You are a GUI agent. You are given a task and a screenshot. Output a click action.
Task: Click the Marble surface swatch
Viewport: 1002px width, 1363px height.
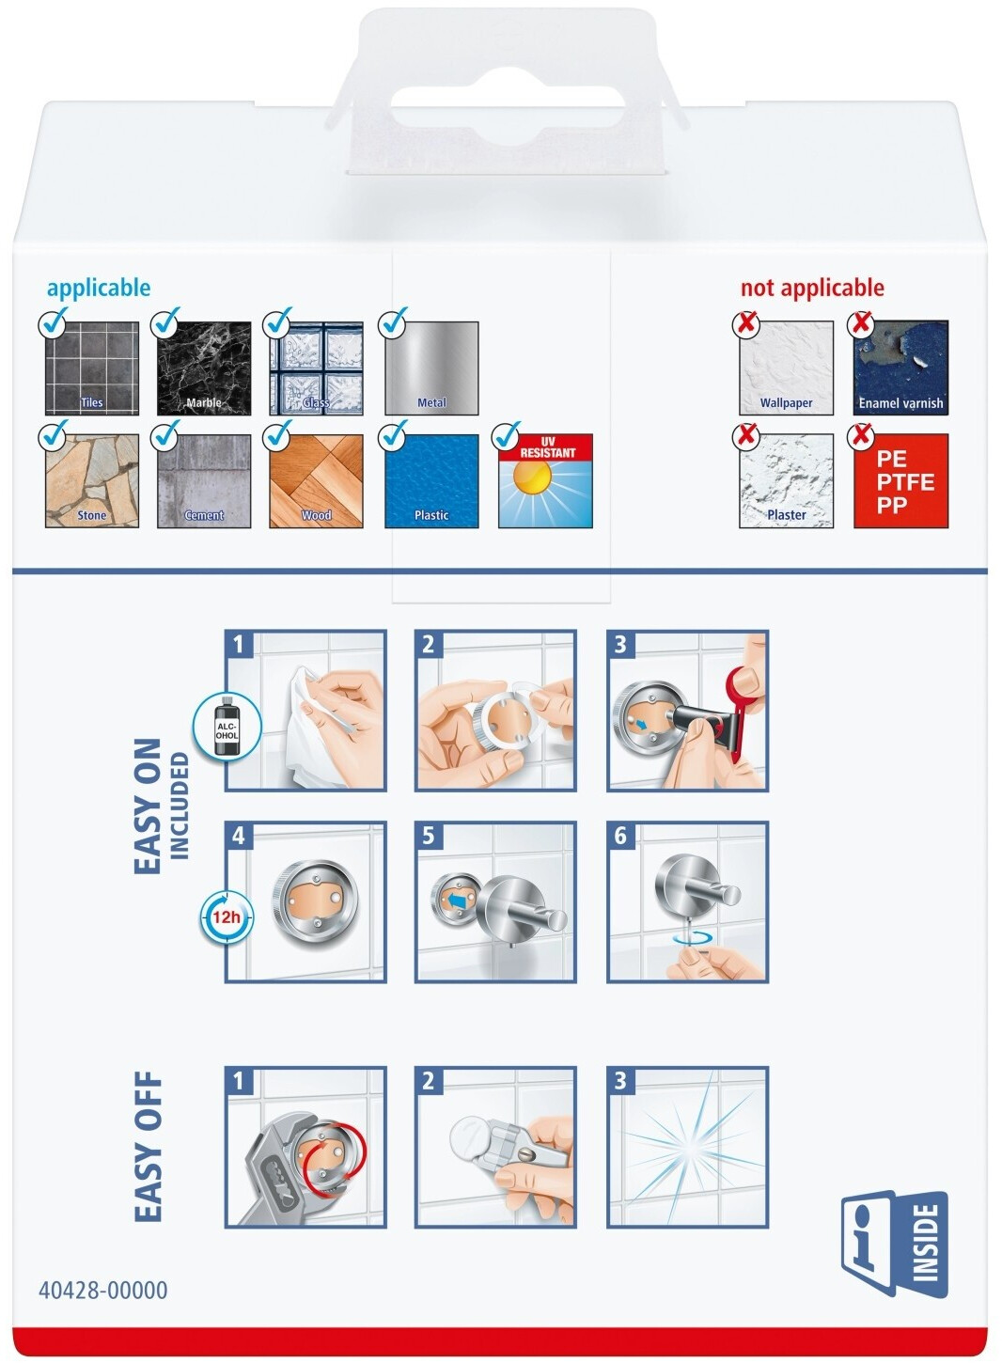(x=204, y=368)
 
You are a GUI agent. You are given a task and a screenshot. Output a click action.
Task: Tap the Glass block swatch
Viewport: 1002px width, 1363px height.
(x=317, y=368)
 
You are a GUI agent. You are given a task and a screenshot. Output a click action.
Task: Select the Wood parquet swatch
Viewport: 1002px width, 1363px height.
(x=317, y=480)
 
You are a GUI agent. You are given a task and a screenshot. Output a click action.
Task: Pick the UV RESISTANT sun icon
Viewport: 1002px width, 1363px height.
(x=545, y=480)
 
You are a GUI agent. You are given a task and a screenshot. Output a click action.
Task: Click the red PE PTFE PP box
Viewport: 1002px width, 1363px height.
(x=901, y=480)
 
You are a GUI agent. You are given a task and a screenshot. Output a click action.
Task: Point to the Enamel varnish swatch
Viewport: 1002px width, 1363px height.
(x=901, y=368)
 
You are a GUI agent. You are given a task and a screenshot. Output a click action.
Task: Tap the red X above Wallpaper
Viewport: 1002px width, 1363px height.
(x=746, y=322)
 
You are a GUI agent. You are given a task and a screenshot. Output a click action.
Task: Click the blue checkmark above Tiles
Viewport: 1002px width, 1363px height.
(x=54, y=321)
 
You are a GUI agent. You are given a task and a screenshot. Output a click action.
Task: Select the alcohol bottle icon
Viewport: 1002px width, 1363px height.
(x=227, y=727)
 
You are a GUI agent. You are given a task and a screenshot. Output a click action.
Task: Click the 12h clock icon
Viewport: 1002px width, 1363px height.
(x=227, y=917)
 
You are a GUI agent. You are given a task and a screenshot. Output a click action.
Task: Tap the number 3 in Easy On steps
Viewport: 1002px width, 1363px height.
(x=620, y=645)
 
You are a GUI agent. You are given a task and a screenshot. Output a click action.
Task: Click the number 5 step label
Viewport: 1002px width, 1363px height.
(x=429, y=836)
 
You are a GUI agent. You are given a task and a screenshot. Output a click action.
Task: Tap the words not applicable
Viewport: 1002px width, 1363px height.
(x=812, y=288)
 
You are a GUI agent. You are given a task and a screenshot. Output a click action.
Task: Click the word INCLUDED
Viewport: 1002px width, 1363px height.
(x=180, y=806)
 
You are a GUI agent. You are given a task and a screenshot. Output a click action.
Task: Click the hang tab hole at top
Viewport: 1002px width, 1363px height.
(x=507, y=106)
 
